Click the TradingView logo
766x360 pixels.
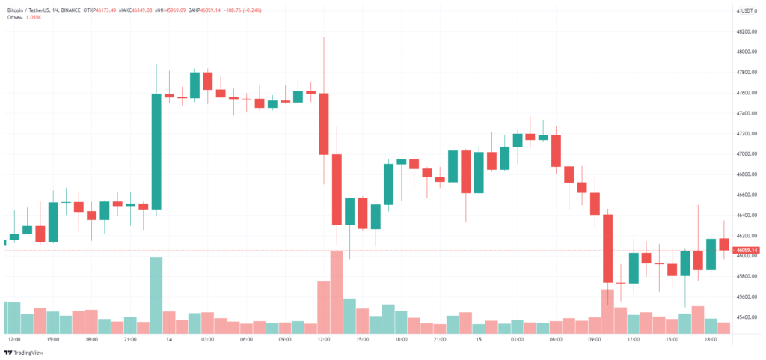(x=22, y=353)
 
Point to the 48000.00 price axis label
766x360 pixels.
(x=747, y=52)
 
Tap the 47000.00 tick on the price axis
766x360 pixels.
(x=747, y=154)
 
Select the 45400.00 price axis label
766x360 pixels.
(x=747, y=317)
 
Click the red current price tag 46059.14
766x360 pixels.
(x=747, y=250)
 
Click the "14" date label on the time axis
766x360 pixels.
(x=169, y=340)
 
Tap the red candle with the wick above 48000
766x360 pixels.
(x=324, y=123)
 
